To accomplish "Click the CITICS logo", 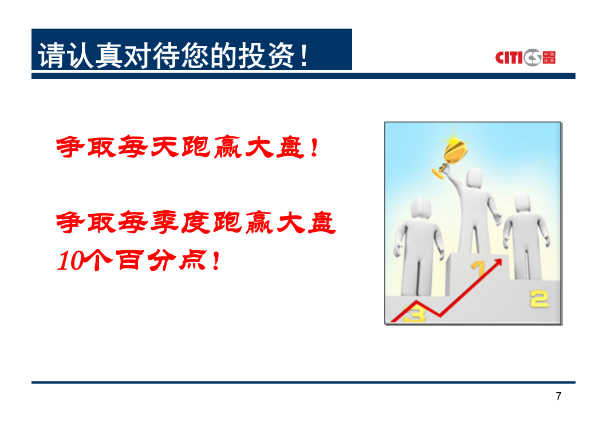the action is (525, 57).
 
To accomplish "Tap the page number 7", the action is (558, 396).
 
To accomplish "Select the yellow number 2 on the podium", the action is (539, 299).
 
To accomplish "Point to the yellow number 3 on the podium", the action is (414, 314).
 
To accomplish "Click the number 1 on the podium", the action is (478, 268).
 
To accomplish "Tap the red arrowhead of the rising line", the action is (498, 263).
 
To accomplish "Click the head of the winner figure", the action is (474, 179).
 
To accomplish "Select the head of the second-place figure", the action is (522, 203).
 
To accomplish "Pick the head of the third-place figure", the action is (420, 209).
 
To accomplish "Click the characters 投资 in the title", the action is (266, 56).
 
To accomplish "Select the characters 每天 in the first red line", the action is (148, 147).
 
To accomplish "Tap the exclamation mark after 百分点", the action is (216, 261).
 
